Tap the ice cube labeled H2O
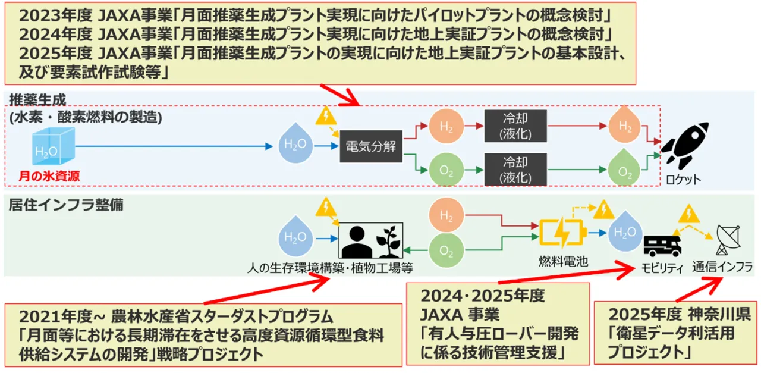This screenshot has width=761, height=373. [52, 149]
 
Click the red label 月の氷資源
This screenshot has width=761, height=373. [51, 175]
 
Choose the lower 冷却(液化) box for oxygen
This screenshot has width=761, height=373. [515, 170]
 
